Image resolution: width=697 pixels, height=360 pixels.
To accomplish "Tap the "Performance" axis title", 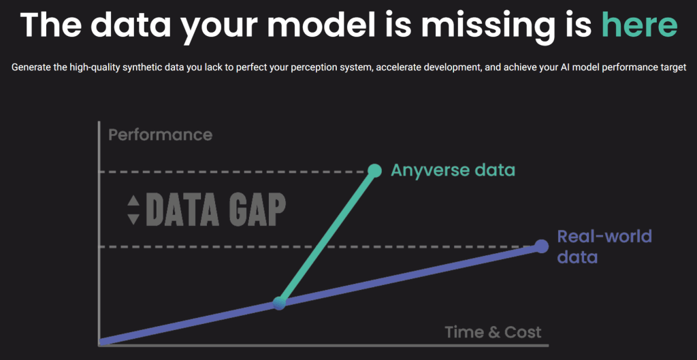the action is [161, 135].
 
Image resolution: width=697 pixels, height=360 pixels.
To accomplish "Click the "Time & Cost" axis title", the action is [493, 332].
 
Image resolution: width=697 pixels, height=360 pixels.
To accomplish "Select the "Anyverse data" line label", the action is [453, 170].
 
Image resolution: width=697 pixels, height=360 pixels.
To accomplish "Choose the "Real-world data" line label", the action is [604, 246].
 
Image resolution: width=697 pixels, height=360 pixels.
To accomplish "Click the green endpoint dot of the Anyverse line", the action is [375, 171].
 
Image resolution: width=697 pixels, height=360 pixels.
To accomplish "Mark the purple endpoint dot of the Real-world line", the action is [541, 246].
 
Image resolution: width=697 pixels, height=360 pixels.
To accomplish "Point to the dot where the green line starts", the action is [279, 303].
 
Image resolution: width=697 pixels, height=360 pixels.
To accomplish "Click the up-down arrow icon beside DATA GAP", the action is [133, 210].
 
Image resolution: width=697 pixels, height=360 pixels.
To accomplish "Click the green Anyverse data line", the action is [327, 237].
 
